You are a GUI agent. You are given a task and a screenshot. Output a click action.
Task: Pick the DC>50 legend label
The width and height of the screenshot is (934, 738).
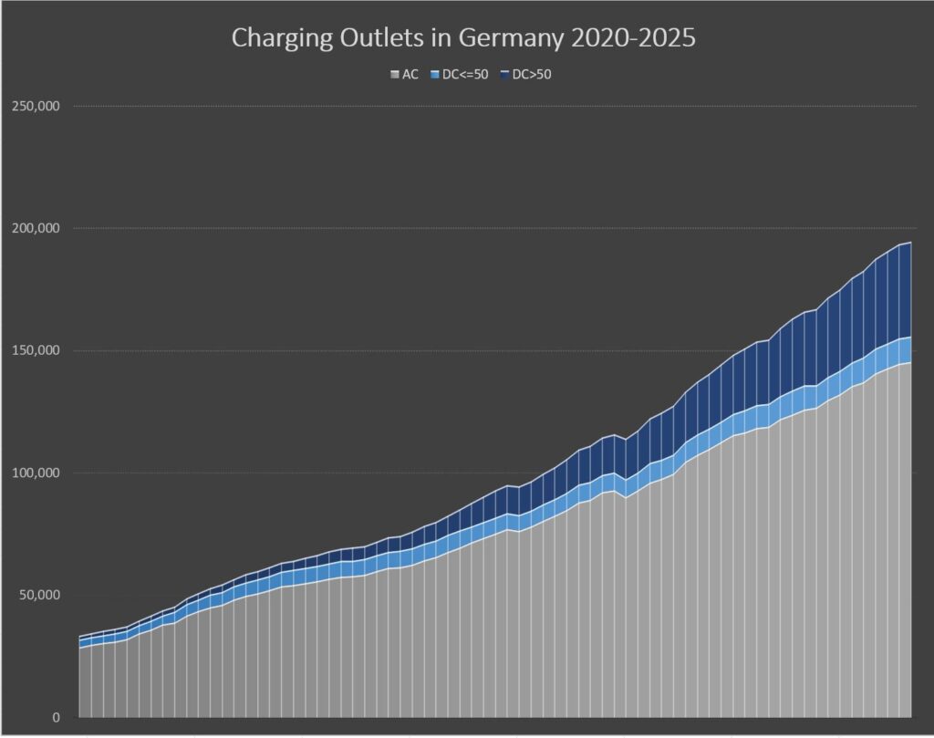pyautogui.click(x=533, y=75)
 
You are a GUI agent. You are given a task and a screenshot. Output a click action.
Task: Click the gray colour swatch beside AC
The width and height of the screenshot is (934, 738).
pyautogui.click(x=394, y=75)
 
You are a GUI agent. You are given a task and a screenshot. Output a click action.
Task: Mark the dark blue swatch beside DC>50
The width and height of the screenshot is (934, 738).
pyautogui.click(x=506, y=75)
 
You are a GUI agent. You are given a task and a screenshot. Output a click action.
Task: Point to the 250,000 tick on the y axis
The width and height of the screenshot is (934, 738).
pyautogui.click(x=36, y=106)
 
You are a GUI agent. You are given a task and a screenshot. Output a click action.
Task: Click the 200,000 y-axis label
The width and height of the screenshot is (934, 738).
pyautogui.click(x=36, y=228)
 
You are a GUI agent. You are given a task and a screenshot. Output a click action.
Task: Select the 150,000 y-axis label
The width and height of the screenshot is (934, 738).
pyautogui.click(x=36, y=351)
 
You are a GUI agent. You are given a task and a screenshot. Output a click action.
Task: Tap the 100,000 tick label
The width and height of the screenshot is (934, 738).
pyautogui.click(x=36, y=473)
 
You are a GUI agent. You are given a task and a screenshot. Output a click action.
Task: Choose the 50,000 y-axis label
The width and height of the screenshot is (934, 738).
pyautogui.click(x=38, y=596)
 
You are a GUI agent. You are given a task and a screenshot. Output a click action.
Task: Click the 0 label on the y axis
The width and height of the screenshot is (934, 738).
pyautogui.click(x=56, y=718)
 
